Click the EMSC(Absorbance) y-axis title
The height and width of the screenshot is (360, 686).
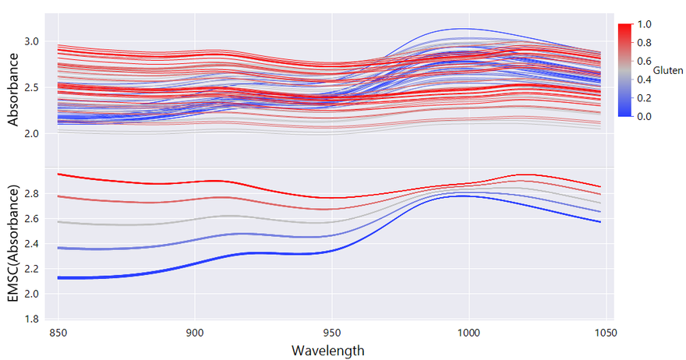click(x=12, y=243)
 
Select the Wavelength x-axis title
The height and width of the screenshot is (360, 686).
click(x=327, y=350)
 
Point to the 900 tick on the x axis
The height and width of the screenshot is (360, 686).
click(x=195, y=332)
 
